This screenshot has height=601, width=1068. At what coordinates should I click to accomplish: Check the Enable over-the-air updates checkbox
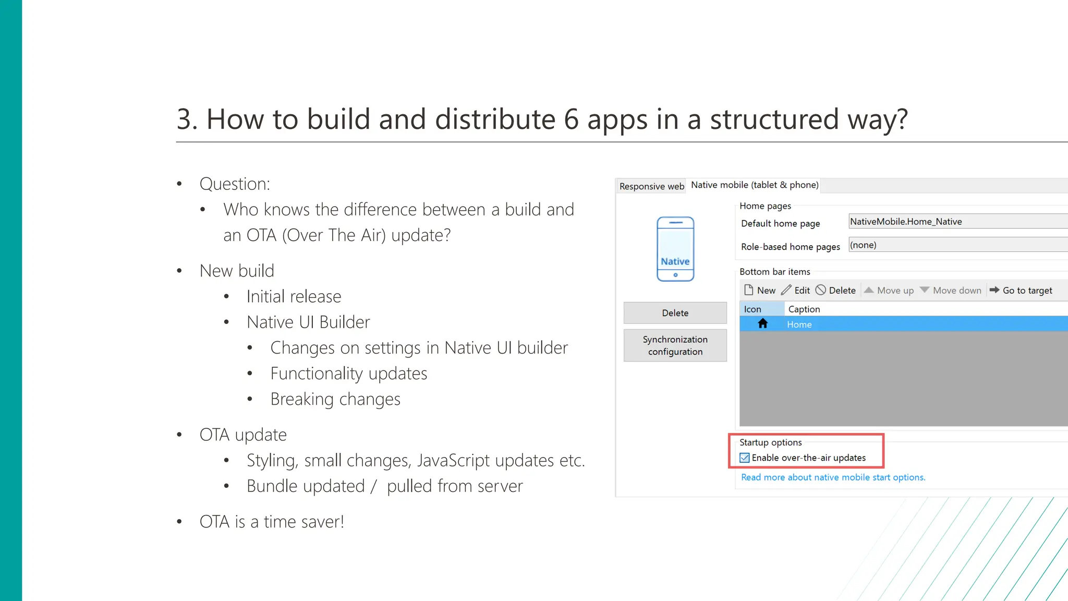[745, 458]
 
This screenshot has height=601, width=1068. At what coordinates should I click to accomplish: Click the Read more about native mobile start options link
[833, 477]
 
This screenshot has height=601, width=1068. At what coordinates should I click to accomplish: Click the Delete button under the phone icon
[675, 313]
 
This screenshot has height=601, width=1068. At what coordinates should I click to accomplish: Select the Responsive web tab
[651, 186]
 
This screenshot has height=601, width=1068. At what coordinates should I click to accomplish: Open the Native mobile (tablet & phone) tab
[755, 185]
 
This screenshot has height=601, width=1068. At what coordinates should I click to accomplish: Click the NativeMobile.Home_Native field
[957, 222]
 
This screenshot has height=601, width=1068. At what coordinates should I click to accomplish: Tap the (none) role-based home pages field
[957, 245]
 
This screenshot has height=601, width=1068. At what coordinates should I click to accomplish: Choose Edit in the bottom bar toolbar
[796, 291]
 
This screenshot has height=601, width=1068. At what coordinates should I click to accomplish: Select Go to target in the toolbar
[1021, 291]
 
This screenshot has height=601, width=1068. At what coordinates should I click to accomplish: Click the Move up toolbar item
[889, 291]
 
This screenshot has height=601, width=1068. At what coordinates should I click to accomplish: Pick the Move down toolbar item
[951, 291]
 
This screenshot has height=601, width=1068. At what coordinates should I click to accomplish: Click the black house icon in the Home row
[763, 324]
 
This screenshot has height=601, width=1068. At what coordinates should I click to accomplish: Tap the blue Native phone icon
[675, 249]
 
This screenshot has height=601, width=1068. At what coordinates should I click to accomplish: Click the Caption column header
[804, 309]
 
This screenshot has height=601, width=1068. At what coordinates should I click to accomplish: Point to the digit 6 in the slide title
[571, 119]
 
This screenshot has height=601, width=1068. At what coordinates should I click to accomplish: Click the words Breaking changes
[335, 399]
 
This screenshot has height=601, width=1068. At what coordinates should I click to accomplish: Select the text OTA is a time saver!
[272, 522]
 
